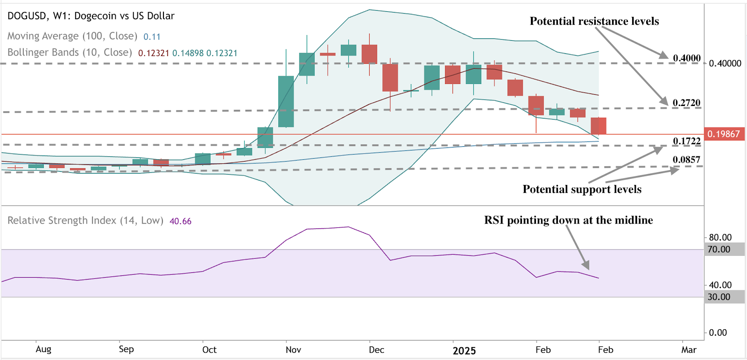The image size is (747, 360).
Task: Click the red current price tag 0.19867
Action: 724,134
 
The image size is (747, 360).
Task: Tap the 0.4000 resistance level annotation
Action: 686,58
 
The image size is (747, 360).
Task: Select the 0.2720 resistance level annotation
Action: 686,103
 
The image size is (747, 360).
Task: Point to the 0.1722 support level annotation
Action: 686,141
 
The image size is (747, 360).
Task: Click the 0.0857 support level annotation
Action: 686,160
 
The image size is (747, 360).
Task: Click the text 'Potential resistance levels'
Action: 594,21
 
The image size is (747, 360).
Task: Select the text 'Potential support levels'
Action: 582,189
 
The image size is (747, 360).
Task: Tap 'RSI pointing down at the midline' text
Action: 568,220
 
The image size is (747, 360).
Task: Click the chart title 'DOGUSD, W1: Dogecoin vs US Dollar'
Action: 91,16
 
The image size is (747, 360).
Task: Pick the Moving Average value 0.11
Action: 152,37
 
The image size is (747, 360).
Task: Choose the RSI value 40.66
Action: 180,221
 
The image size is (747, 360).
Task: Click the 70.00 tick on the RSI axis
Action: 719,249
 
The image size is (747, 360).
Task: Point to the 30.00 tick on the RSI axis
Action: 719,297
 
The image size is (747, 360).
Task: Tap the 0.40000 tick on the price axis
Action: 725,64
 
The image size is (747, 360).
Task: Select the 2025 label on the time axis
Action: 464,351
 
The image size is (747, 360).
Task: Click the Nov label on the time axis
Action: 293,350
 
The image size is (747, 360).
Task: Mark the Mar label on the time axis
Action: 689,350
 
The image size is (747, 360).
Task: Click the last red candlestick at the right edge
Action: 599,126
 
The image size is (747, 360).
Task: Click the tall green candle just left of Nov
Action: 286,101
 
